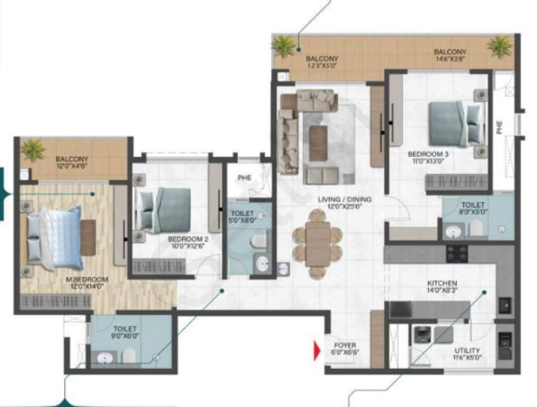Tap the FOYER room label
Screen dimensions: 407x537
pyautogui.click(x=345, y=345)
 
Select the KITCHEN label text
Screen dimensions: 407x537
pyautogui.click(x=442, y=283)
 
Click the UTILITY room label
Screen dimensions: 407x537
pyautogui.click(x=467, y=350)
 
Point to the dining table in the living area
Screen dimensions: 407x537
pyautogui.click(x=318, y=243)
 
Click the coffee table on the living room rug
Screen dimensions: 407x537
pyautogui.click(x=318, y=143)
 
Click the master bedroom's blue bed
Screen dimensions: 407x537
pyautogui.click(x=57, y=238)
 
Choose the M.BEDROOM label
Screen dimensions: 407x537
pyautogui.click(x=87, y=279)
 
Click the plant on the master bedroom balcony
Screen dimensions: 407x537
pyautogui.click(x=34, y=149)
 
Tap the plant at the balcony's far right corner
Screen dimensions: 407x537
pyautogui.click(x=499, y=47)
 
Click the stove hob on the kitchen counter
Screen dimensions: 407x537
pyautogui.click(x=456, y=253)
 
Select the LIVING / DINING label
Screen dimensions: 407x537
pyautogui.click(x=345, y=200)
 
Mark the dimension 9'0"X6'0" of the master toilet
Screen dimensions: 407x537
pyautogui.click(x=125, y=336)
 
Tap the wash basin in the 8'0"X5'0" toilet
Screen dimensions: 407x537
pyautogui.click(x=453, y=231)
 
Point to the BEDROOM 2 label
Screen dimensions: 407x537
pyautogui.click(x=188, y=238)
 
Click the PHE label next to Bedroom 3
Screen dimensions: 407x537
pyautogui.click(x=500, y=128)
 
